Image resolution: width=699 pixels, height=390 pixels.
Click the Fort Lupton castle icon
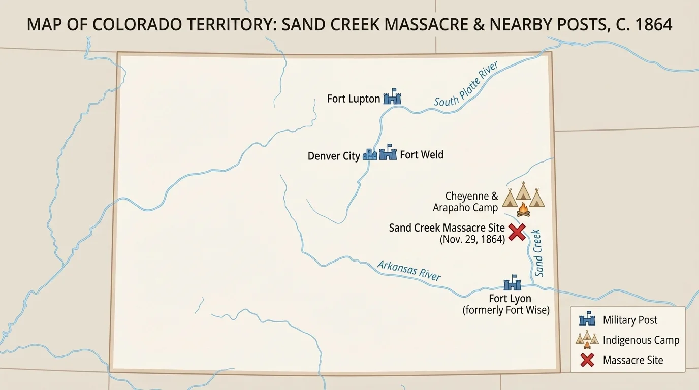click(x=392, y=97)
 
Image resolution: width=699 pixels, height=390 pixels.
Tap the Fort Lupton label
click(x=354, y=99)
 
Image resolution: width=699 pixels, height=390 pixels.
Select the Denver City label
click(x=334, y=156)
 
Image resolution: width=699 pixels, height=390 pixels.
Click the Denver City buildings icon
click(x=370, y=154)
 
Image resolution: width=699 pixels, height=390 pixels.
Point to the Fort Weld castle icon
click(x=388, y=152)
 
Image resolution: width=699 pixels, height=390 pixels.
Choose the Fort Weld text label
click(x=421, y=154)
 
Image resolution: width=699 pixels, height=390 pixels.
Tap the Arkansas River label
click(x=409, y=270)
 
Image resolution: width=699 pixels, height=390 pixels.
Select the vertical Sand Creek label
click(x=538, y=253)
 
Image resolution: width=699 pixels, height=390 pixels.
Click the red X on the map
click(x=517, y=233)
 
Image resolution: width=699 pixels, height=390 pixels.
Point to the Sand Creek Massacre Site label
click(x=447, y=227)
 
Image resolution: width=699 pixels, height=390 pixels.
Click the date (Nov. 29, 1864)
click(x=472, y=239)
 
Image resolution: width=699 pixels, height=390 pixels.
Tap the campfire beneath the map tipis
click(x=523, y=210)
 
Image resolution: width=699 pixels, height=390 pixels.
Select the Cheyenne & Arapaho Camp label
click(x=465, y=202)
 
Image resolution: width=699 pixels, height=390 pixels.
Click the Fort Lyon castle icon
click(x=512, y=283)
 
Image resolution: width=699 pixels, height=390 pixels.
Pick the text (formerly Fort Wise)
click(x=506, y=310)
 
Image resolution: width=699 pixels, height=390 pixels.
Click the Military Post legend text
click(x=630, y=320)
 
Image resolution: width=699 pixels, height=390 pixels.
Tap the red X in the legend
click(x=587, y=360)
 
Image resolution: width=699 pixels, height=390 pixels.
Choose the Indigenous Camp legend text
click(x=641, y=340)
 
